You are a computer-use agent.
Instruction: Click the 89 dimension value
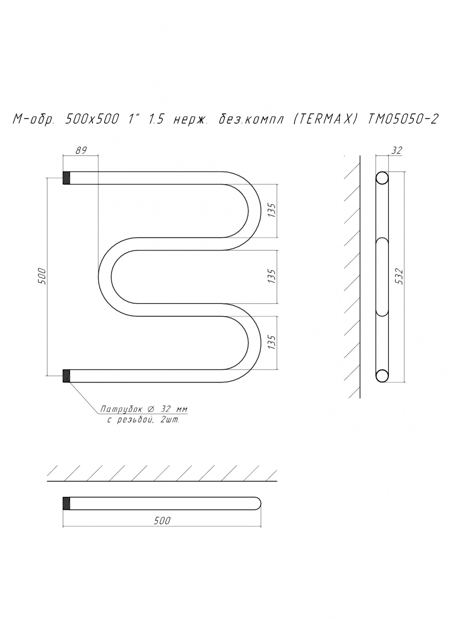pos(81,151)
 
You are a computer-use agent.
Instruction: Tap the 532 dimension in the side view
pos(401,276)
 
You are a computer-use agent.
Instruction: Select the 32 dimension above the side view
pos(398,150)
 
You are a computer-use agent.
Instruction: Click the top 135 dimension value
pos(272,210)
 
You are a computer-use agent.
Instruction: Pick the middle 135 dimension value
pos(272,276)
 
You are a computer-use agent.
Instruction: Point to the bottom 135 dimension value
pos(272,342)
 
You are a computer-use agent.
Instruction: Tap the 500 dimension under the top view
pos(162,520)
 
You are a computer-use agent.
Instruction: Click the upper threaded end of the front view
pos(66,178)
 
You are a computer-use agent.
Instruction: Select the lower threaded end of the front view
pos(66,376)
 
